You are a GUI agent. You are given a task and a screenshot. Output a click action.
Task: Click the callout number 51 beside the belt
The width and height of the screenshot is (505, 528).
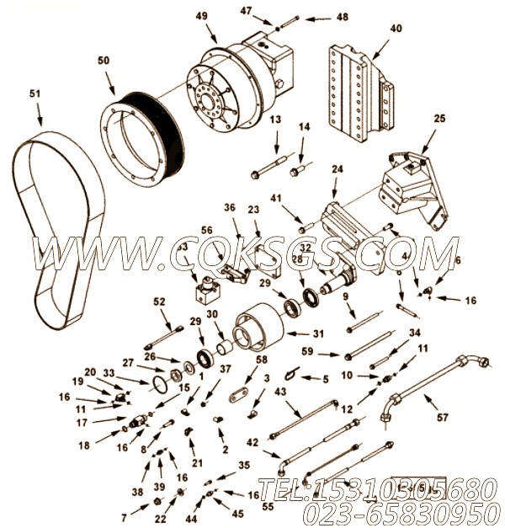click(35, 93)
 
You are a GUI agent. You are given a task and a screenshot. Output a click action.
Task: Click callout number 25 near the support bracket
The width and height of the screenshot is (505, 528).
click(439, 120)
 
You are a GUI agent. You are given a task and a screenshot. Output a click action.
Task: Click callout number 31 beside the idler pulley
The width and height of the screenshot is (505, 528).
click(318, 333)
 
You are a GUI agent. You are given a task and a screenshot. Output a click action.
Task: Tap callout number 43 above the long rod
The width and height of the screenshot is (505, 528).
click(280, 392)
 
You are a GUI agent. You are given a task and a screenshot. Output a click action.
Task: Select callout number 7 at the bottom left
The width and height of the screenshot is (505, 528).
click(123, 515)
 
